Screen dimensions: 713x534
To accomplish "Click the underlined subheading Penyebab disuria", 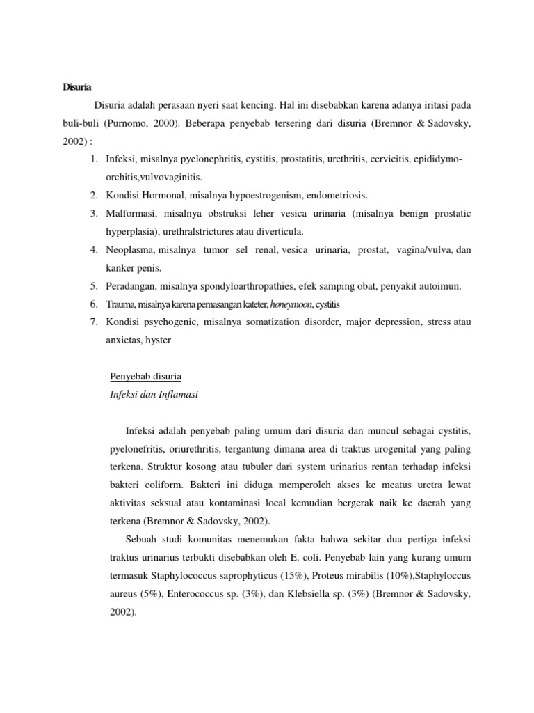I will point(146,377).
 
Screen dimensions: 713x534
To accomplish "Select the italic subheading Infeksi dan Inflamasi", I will point(154,395).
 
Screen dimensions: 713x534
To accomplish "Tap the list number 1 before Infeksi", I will point(93,159).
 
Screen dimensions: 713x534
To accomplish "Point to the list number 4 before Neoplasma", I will point(93,249).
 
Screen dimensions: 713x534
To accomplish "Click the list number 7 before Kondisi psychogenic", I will point(93,322).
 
